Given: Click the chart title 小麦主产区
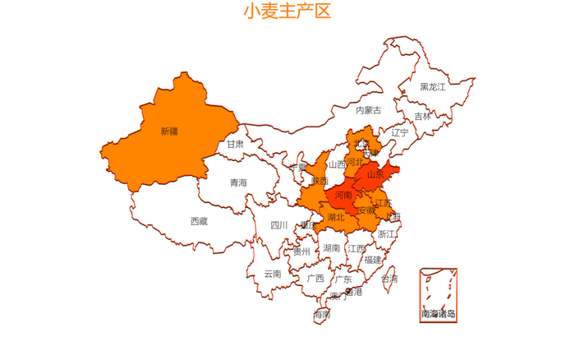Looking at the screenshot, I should tap(287, 12).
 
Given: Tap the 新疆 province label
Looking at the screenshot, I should tap(169, 131).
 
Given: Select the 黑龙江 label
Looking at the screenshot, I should tap(432, 86).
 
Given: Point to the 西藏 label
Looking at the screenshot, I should tap(199, 221).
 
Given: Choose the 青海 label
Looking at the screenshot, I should tap(238, 182).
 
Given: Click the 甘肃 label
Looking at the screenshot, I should tap(235, 144).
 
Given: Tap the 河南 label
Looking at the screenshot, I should tap(343, 196).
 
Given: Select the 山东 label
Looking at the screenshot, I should tap(375, 174).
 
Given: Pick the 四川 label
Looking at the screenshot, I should tap(278, 225).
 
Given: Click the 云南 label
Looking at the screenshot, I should tap(273, 274).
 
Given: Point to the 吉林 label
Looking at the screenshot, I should tap(422, 117).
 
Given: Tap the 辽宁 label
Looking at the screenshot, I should tap(399, 132).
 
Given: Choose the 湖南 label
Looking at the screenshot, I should tap(332, 247).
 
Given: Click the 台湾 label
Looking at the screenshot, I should tap(389, 279).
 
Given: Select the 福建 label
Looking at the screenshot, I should tap(373, 260).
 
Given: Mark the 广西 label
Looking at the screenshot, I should tap(315, 279).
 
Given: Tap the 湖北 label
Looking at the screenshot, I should tap(336, 218).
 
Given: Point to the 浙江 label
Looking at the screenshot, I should tap(386, 234).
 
